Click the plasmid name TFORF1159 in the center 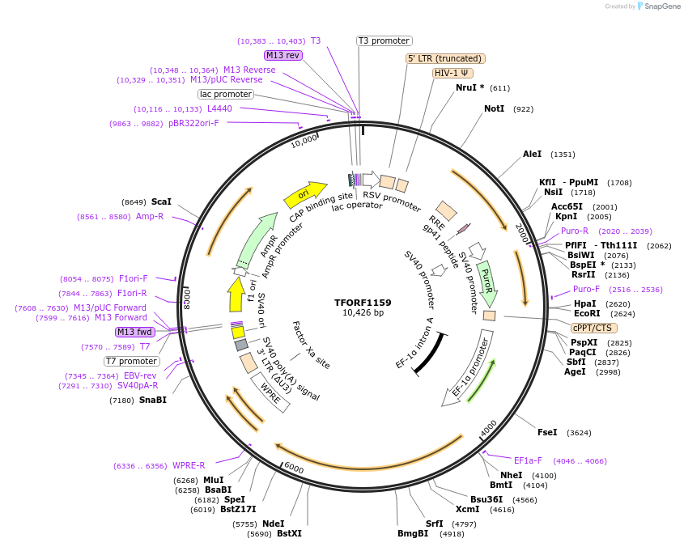363,303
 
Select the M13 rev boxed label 283,55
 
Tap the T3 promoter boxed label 384,40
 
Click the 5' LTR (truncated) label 445,58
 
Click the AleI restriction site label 532,154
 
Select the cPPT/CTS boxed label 593,328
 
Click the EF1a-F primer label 528,460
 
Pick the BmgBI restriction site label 413,533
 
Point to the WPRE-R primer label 189,465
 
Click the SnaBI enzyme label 153,400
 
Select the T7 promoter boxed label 132,361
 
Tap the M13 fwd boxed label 134,332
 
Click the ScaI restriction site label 161,201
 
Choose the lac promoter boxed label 226,94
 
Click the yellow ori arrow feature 302,195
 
